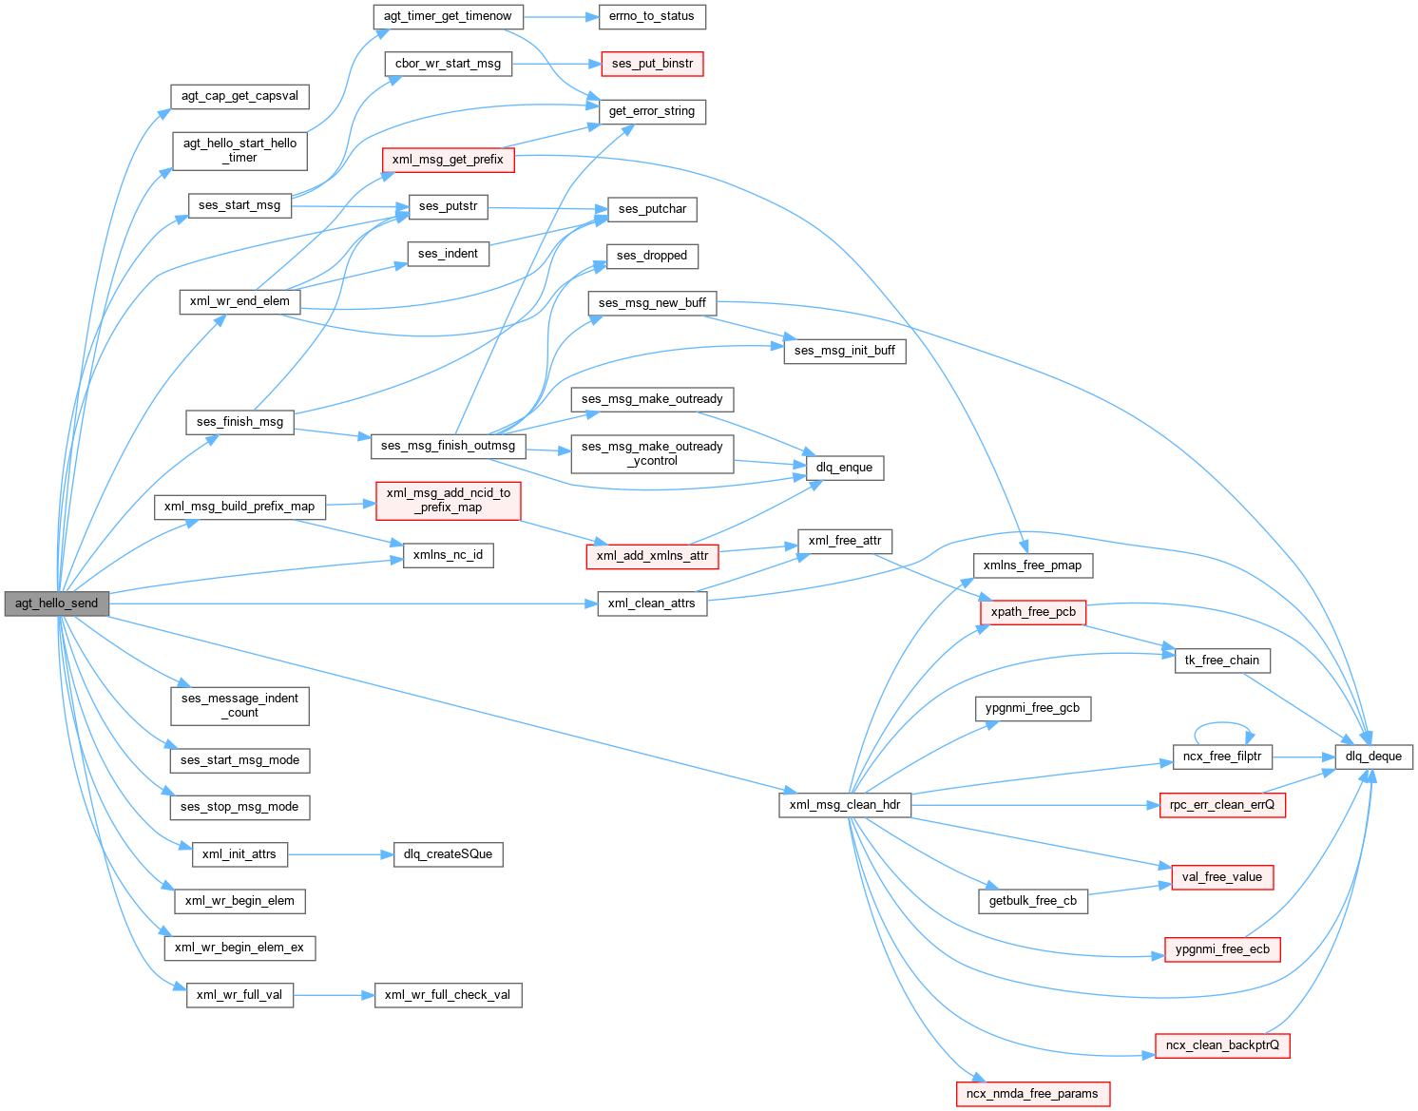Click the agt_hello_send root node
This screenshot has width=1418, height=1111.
[x=57, y=603]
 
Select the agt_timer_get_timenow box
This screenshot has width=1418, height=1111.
[x=448, y=16]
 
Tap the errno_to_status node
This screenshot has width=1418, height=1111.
[x=652, y=16]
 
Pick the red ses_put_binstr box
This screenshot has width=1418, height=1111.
[x=652, y=64]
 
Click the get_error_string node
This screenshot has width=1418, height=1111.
[x=652, y=111]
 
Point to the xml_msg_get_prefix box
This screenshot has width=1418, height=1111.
[x=448, y=160]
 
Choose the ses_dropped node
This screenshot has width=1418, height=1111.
[x=652, y=256]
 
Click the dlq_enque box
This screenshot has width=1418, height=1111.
[x=844, y=468]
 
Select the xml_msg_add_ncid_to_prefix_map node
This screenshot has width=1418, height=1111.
[x=448, y=500]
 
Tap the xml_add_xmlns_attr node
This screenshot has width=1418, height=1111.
[x=652, y=556]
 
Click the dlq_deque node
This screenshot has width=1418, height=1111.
[x=1373, y=757]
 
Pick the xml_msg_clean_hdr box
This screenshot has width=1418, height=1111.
[x=844, y=805]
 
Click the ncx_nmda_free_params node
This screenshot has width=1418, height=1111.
[x=1032, y=1094]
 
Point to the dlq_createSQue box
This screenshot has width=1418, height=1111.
[x=448, y=854]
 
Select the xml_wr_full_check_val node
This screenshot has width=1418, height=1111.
[x=448, y=995]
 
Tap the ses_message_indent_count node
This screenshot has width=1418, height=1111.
[x=240, y=705]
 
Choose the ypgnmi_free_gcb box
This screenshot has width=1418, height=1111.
[x=1032, y=708]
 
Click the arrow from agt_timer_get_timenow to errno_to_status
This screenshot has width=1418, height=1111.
[x=561, y=16]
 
